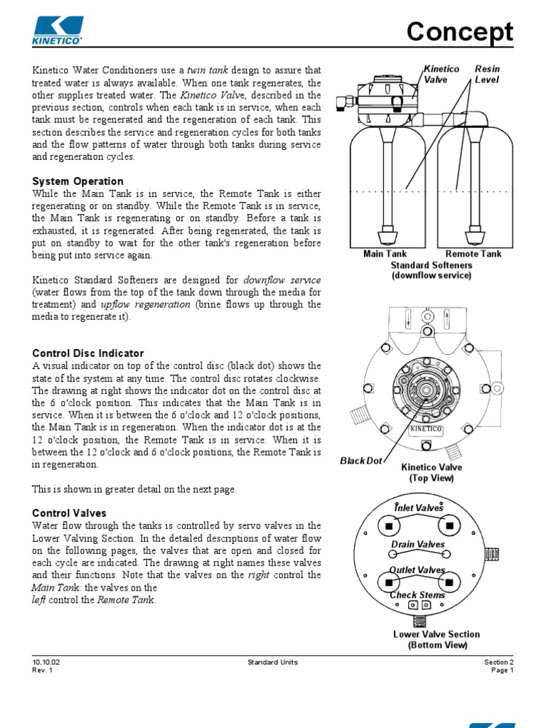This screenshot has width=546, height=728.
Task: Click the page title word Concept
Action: click(x=459, y=33)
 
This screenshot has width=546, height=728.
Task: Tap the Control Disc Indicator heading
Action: click(x=88, y=353)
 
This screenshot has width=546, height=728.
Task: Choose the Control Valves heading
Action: click(x=70, y=513)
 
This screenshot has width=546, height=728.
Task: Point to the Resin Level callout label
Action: click(x=487, y=75)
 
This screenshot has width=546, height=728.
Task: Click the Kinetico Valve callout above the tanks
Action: click(x=441, y=75)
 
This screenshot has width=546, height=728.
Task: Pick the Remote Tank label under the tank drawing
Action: click(x=473, y=254)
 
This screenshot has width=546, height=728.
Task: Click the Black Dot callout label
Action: click(x=362, y=461)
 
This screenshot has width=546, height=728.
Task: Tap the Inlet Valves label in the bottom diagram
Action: click(x=419, y=508)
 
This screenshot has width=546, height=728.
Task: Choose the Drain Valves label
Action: click(x=418, y=545)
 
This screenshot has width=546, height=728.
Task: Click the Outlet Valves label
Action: click(x=417, y=570)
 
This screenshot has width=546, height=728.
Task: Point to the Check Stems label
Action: click(x=417, y=594)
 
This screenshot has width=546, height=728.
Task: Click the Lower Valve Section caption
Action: click(x=437, y=634)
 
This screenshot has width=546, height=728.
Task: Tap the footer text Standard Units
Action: click(x=272, y=662)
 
